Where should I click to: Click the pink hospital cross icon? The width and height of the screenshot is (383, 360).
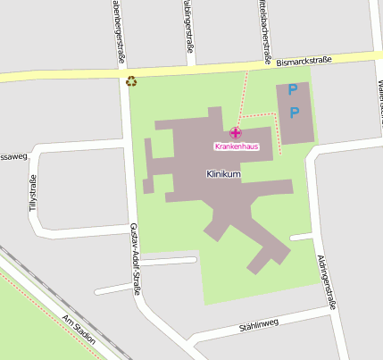[236, 132]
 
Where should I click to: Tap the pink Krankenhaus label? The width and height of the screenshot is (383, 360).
[236, 146]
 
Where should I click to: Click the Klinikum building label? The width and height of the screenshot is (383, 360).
[223, 174]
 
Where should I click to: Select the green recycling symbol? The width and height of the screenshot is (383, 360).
[131, 81]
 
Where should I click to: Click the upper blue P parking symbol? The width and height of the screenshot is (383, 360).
[293, 90]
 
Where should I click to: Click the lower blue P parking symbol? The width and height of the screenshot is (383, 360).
[294, 113]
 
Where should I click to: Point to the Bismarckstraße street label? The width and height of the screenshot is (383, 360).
[304, 62]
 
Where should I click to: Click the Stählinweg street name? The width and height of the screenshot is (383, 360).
[259, 325]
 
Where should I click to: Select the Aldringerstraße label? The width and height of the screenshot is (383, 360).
[327, 282]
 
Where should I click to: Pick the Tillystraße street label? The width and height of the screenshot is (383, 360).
[33, 194]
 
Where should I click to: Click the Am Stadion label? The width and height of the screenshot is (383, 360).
[79, 330]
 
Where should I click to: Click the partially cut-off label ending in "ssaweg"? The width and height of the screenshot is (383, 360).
[14, 155]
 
